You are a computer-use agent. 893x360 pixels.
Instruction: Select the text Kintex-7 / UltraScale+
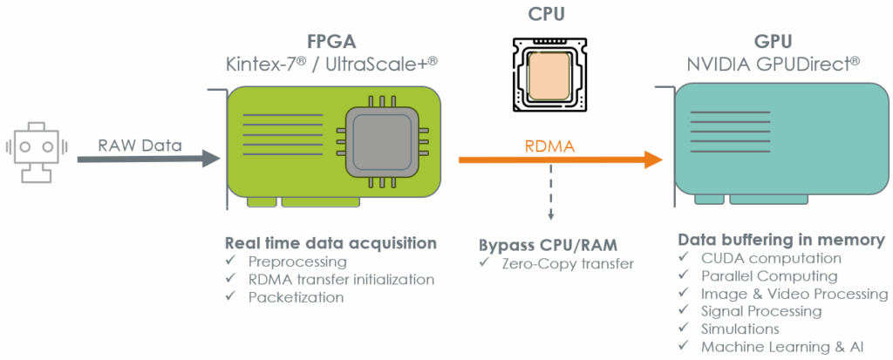332,63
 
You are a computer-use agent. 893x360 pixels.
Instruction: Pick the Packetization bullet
296,297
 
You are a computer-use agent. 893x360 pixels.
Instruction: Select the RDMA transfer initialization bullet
341,279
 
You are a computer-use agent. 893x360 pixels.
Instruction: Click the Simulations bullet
740,329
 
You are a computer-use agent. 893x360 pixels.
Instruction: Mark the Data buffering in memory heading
781,240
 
